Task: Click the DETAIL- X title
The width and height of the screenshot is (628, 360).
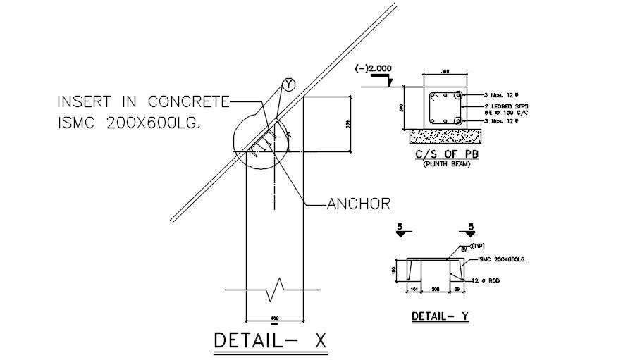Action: (x=271, y=340)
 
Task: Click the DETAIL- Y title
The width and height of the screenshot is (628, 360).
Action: (x=439, y=316)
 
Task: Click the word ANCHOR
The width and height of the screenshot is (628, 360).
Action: (x=359, y=204)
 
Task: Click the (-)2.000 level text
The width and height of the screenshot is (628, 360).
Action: (x=374, y=69)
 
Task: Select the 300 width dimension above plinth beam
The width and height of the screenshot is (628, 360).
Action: (x=445, y=72)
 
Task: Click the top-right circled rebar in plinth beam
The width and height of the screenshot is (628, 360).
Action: (x=459, y=94)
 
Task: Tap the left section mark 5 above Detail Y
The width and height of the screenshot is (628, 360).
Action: (x=400, y=227)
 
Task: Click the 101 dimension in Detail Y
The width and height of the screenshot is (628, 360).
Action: (x=414, y=289)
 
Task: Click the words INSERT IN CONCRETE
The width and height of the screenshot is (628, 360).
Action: (x=143, y=102)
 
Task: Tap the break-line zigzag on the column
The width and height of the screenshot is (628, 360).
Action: (x=275, y=287)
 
